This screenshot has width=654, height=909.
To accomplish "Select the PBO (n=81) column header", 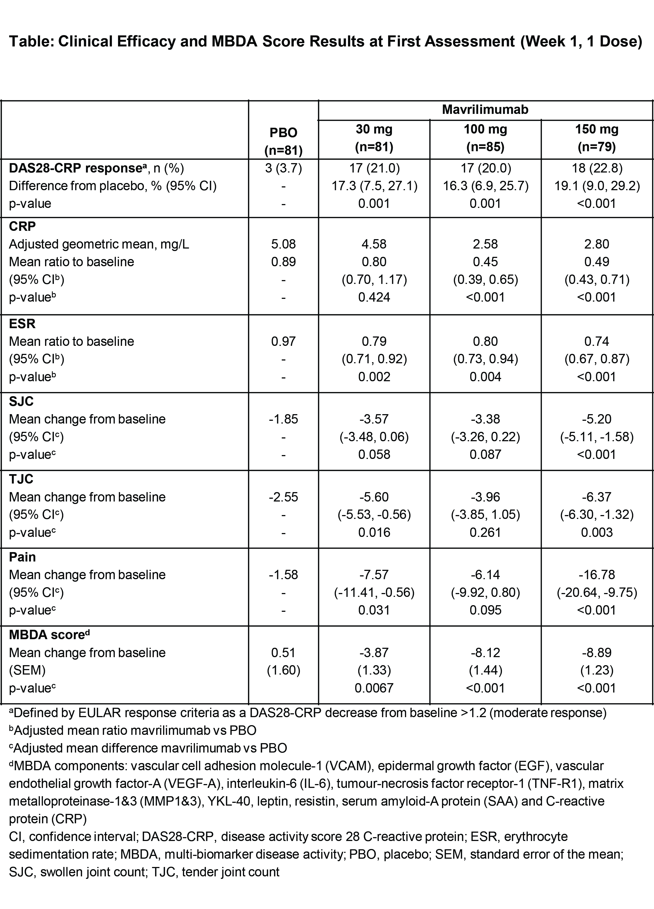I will pyautogui.click(x=283, y=141).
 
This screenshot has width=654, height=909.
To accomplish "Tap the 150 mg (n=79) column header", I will pyautogui.click(x=597, y=138).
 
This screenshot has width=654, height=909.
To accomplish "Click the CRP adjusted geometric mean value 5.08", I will pyautogui.click(x=283, y=244).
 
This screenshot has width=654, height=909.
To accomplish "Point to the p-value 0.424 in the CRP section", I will pyautogui.click(x=374, y=297).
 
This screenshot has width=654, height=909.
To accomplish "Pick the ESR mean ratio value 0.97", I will pyautogui.click(x=283, y=341).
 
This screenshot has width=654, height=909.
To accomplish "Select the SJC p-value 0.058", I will pyautogui.click(x=374, y=454).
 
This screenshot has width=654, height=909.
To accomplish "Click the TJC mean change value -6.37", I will pyautogui.click(x=597, y=497).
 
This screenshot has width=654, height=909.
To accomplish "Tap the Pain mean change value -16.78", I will pyautogui.click(x=597, y=575).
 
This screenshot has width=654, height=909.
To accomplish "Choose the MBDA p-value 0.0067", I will pyautogui.click(x=374, y=688).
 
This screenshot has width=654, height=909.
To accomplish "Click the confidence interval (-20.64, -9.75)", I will pyautogui.click(x=597, y=592).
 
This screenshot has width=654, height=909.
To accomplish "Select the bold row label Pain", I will pyautogui.click(x=22, y=557).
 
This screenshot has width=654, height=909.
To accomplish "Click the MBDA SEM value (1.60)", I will pyautogui.click(x=283, y=670).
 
